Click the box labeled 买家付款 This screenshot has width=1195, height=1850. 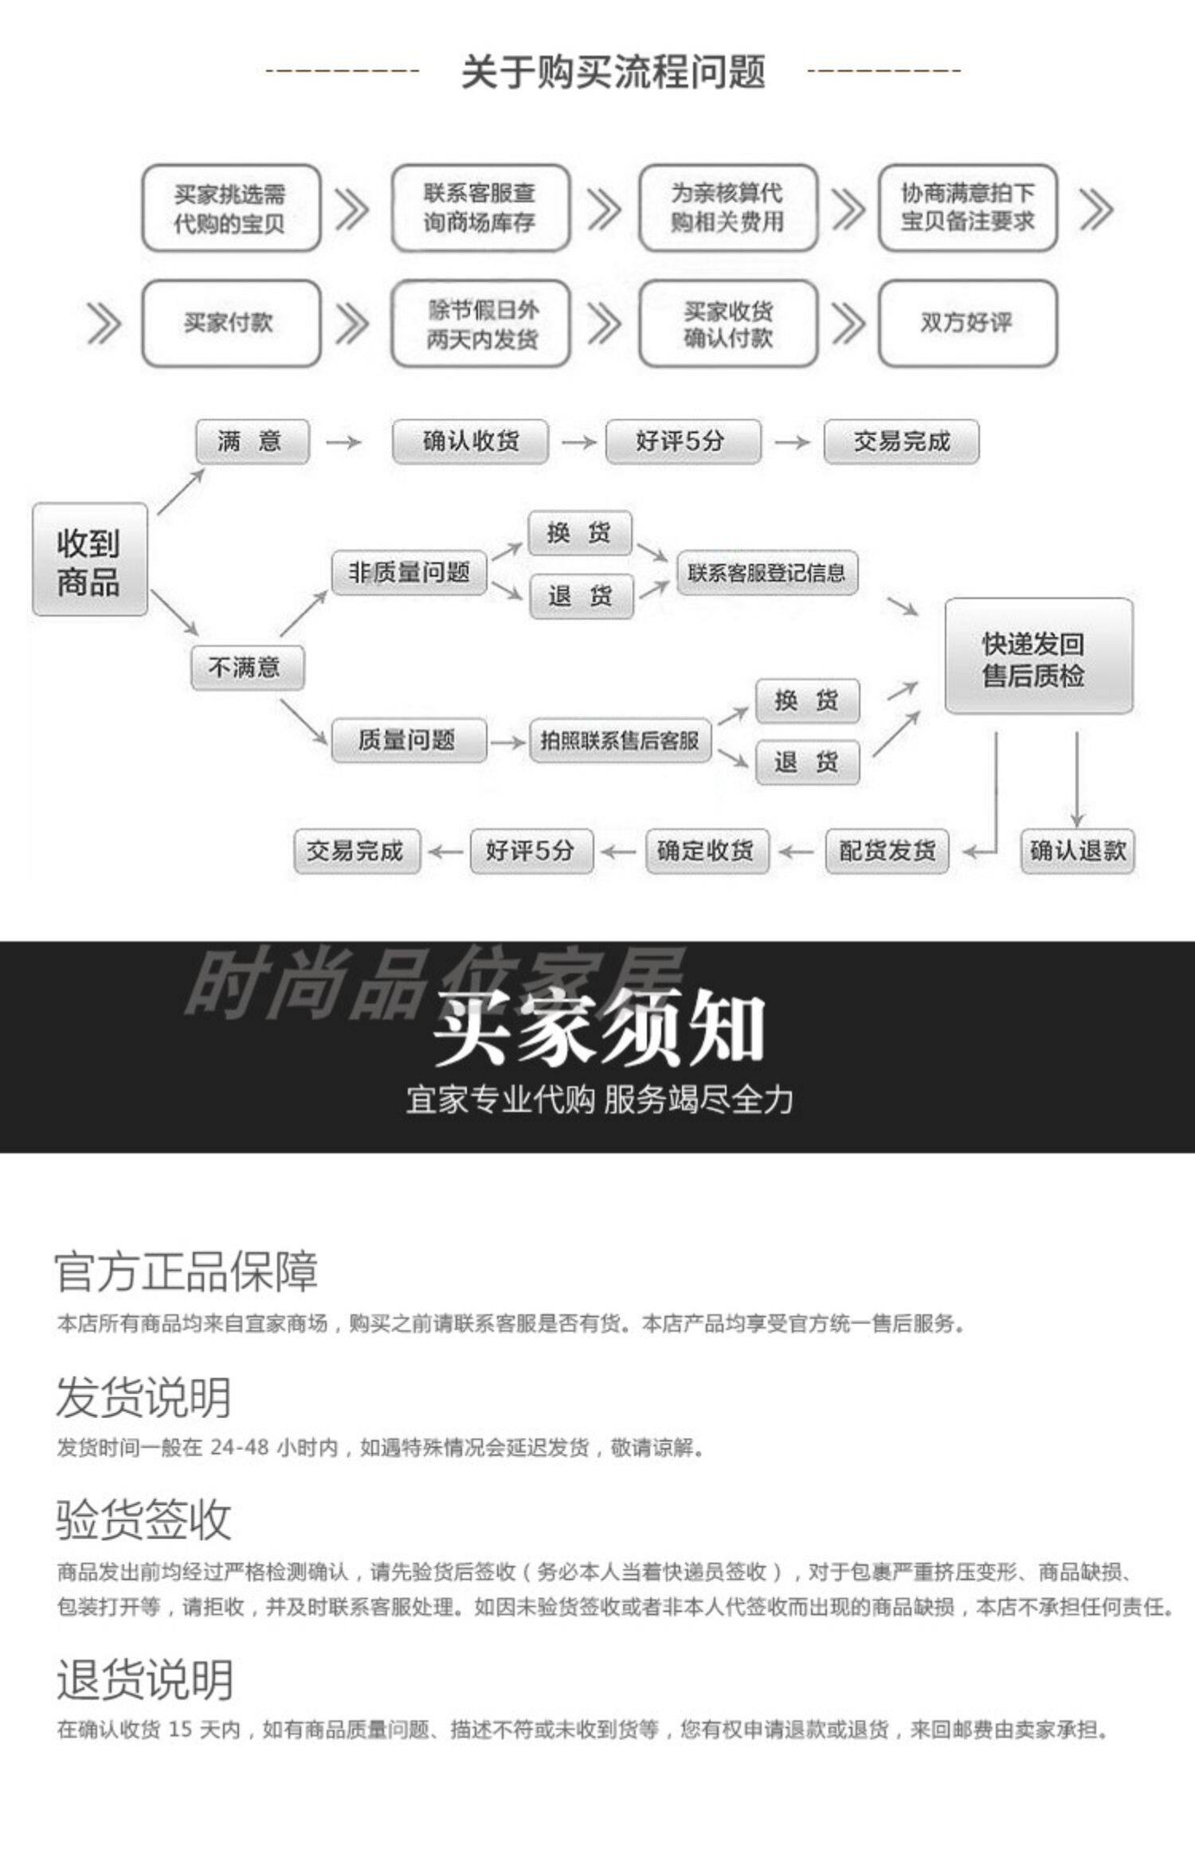(230, 323)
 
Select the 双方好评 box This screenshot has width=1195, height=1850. (967, 323)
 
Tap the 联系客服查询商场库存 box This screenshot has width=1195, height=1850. (480, 208)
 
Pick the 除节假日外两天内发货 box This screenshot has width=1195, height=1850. (480, 323)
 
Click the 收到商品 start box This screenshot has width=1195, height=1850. (89, 560)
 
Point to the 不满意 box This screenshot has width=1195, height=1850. (247, 668)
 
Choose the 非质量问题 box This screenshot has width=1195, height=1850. (409, 573)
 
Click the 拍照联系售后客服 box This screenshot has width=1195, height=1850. (620, 741)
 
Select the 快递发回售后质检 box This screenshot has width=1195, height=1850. (1037, 657)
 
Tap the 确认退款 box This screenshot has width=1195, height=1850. (1077, 851)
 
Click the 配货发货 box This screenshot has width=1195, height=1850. (887, 851)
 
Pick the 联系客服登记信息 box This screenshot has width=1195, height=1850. (766, 573)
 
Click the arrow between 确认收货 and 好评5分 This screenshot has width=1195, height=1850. (578, 442)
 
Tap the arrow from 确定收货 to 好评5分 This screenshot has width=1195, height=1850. (618, 852)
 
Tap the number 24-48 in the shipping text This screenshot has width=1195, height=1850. (239, 1447)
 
